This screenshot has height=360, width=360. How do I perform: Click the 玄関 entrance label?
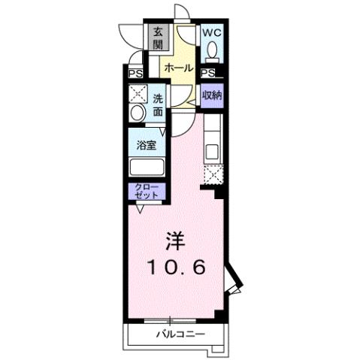(159, 38)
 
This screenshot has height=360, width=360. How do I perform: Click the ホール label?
(179, 68)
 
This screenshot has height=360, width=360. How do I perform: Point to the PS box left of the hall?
(135, 74)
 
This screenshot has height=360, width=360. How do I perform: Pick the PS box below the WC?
(208, 73)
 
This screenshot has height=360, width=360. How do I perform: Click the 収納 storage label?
(212, 95)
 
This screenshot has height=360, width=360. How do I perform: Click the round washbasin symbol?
(137, 113)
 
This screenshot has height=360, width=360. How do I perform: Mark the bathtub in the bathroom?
(146, 167)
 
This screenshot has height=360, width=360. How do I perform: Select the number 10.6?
(175, 266)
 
